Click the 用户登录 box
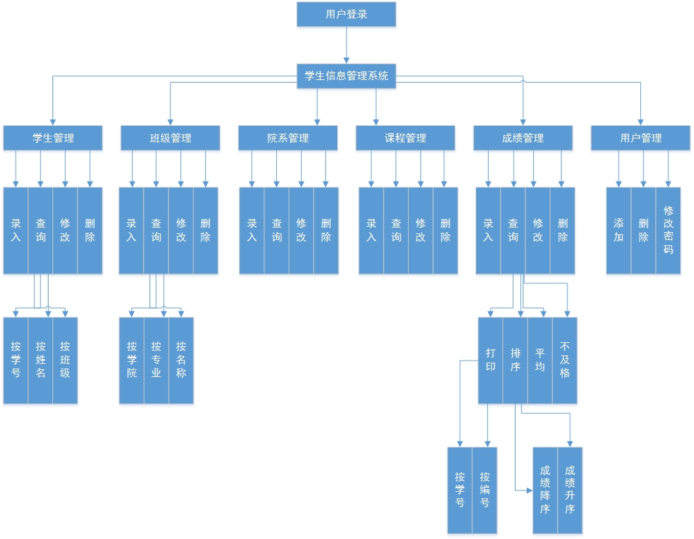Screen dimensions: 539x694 coord(346,14)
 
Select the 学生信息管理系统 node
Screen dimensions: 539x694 coord(346,75)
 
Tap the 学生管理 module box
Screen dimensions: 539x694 coord(52,138)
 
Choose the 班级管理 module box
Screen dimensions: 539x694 coord(170,138)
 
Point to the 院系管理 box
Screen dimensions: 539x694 coord(287,138)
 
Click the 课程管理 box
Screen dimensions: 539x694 coord(405,138)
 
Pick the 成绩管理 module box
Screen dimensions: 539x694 coord(522,138)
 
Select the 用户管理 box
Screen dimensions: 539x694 coord(640,138)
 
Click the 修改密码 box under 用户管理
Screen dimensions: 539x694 coord(668,230)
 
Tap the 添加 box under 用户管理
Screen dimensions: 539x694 coord(619,230)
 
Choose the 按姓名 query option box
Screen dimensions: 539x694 coord(41,360)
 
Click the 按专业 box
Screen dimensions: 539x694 coord(156,360)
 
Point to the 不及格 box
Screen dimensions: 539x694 coord(565,360)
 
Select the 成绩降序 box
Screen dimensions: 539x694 coord(544,490)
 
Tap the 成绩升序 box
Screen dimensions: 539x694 coord(569,490)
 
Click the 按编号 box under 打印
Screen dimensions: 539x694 coord(485,490)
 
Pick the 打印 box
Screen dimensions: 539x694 coord(490,360)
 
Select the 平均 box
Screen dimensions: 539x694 coord(540,360)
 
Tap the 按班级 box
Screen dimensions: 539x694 coord(65,360)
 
